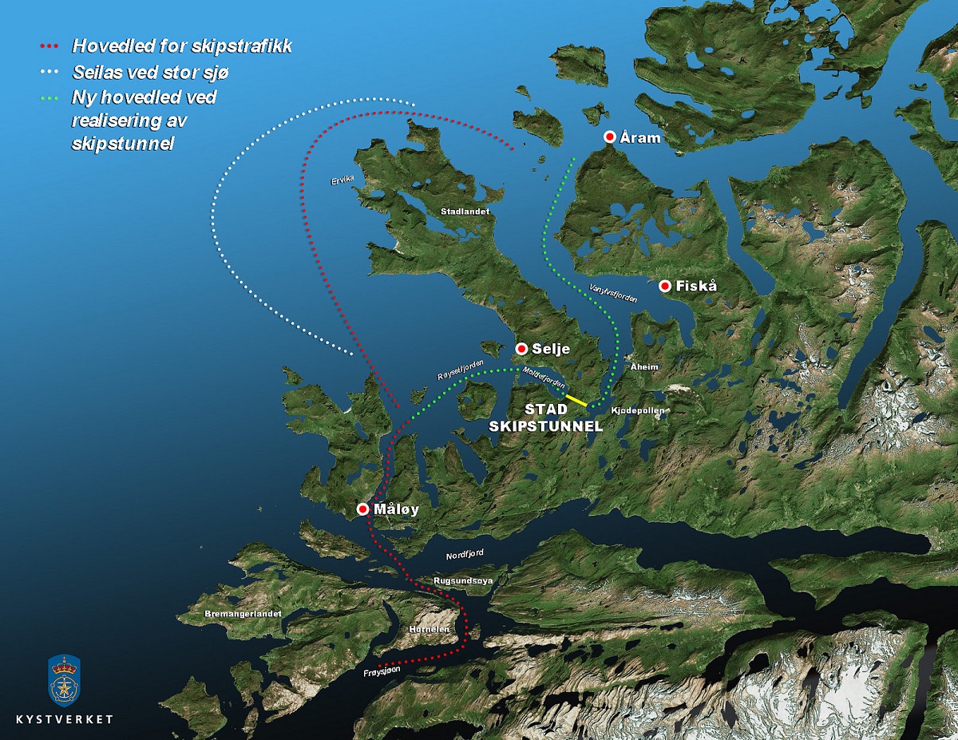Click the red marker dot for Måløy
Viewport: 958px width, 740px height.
363,509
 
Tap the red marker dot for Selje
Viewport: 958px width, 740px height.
521,348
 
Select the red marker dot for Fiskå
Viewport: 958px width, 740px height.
664,286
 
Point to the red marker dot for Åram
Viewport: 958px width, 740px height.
609,137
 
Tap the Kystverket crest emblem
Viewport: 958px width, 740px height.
64,676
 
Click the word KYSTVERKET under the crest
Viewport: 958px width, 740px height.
64,719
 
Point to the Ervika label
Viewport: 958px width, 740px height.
342,181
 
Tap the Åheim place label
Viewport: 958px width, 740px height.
643,367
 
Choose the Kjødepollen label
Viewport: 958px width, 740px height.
637,410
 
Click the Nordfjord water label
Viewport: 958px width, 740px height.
465,552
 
